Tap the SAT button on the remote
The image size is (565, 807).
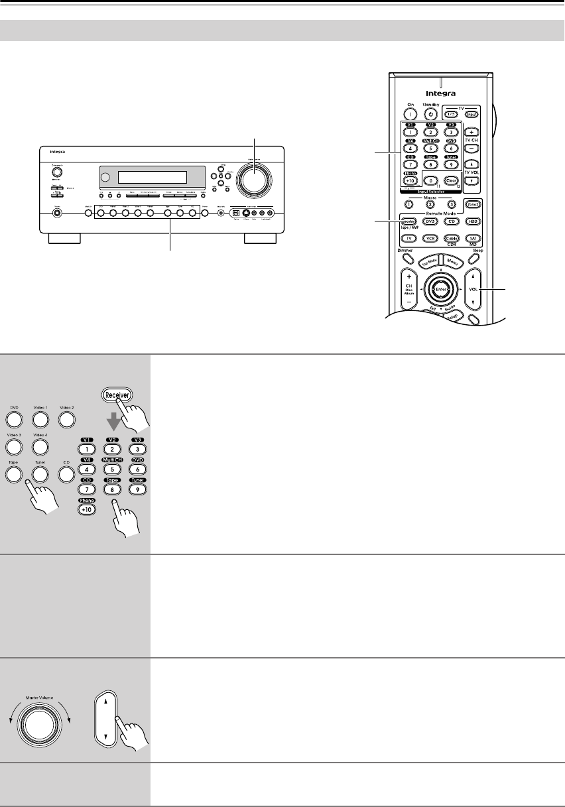pyautogui.click(x=472, y=237)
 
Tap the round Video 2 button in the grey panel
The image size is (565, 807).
pyautogui.click(x=66, y=419)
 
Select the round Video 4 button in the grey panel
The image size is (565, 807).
pyautogui.click(x=40, y=447)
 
